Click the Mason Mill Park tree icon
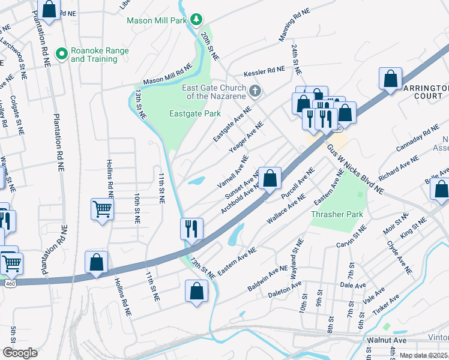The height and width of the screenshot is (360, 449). [x=195, y=20]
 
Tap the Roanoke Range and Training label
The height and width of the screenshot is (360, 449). [x=100, y=55]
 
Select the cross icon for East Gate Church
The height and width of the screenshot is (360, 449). [x=255, y=91]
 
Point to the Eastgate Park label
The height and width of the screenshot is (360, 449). [x=195, y=113]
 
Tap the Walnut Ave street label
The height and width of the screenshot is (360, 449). [x=387, y=340]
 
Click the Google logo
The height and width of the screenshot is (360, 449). [x=20, y=353]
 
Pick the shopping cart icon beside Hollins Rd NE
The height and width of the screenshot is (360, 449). [x=102, y=210]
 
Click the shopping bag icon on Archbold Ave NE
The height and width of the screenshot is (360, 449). [x=270, y=178]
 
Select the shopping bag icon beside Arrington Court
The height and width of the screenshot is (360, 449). [x=391, y=79]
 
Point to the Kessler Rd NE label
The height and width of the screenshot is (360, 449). [x=264, y=71]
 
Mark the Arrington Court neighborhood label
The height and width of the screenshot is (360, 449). [x=426, y=92]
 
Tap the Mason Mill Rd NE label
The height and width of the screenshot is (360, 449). [x=167, y=74]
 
